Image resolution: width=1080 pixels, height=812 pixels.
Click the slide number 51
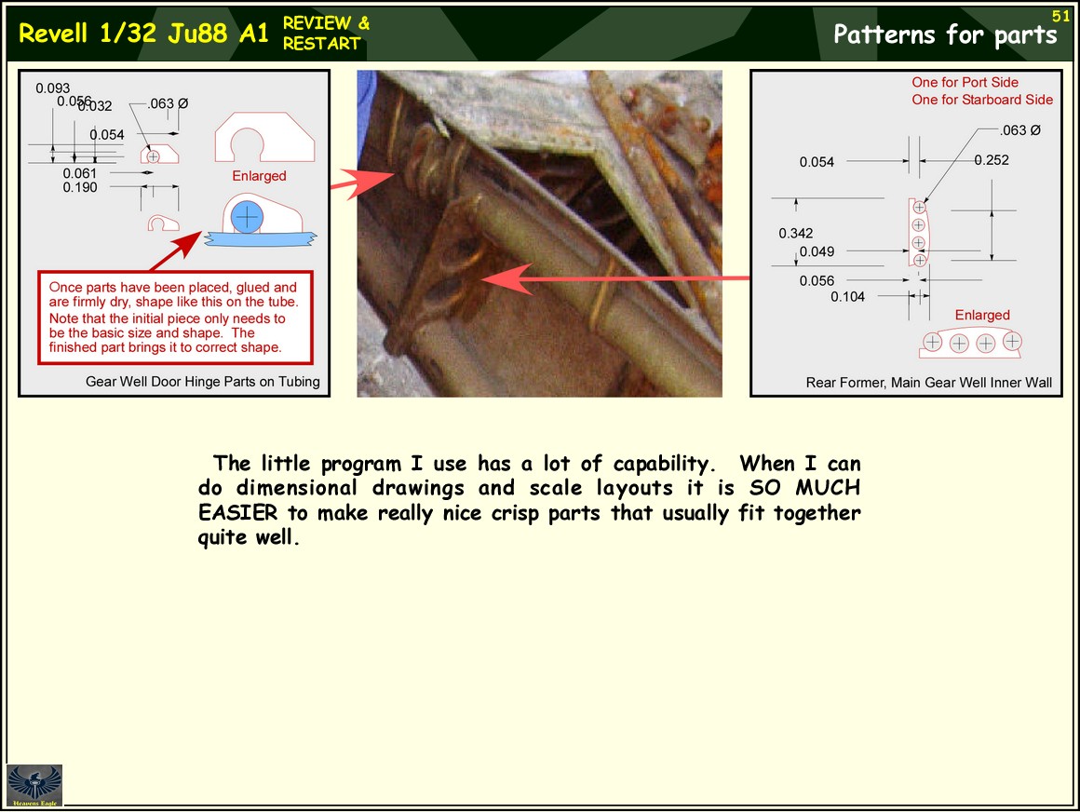pyautogui.click(x=1060, y=16)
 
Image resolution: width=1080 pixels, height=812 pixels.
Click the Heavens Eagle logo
pyautogui.click(x=34, y=785)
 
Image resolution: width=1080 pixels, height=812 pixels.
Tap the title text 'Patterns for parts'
pyautogui.click(x=945, y=34)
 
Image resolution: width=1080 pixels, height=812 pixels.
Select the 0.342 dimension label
pyautogui.click(x=795, y=234)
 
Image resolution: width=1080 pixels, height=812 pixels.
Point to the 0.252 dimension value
pyautogui.click(x=992, y=160)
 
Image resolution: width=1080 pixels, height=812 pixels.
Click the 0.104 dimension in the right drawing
pyautogui.click(x=847, y=297)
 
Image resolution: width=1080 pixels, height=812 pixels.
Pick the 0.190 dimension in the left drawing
pyautogui.click(x=80, y=187)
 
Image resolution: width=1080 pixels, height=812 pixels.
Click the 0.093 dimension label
pyautogui.click(x=53, y=88)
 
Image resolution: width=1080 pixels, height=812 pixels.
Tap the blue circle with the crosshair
pyautogui.click(x=247, y=217)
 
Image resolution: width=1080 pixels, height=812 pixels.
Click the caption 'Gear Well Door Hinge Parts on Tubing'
pyautogui.click(x=203, y=382)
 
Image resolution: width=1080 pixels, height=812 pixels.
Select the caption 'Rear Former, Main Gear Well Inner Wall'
pyautogui.click(x=929, y=382)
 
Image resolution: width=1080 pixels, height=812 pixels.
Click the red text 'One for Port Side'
pyautogui.click(x=965, y=82)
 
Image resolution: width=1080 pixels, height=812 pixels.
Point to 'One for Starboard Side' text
pyautogui.click(x=982, y=100)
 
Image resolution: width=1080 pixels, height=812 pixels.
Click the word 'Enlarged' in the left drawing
pyautogui.click(x=259, y=176)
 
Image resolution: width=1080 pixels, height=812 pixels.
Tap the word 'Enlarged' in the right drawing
pyautogui.click(x=982, y=315)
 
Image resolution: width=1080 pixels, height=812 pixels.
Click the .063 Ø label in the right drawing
pyautogui.click(x=1020, y=130)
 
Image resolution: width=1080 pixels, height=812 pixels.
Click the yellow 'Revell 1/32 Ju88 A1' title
pyautogui.click(x=143, y=34)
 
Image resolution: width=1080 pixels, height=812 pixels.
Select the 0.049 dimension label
pyautogui.click(x=817, y=252)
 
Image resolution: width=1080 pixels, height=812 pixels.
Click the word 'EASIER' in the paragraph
pyautogui.click(x=237, y=512)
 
